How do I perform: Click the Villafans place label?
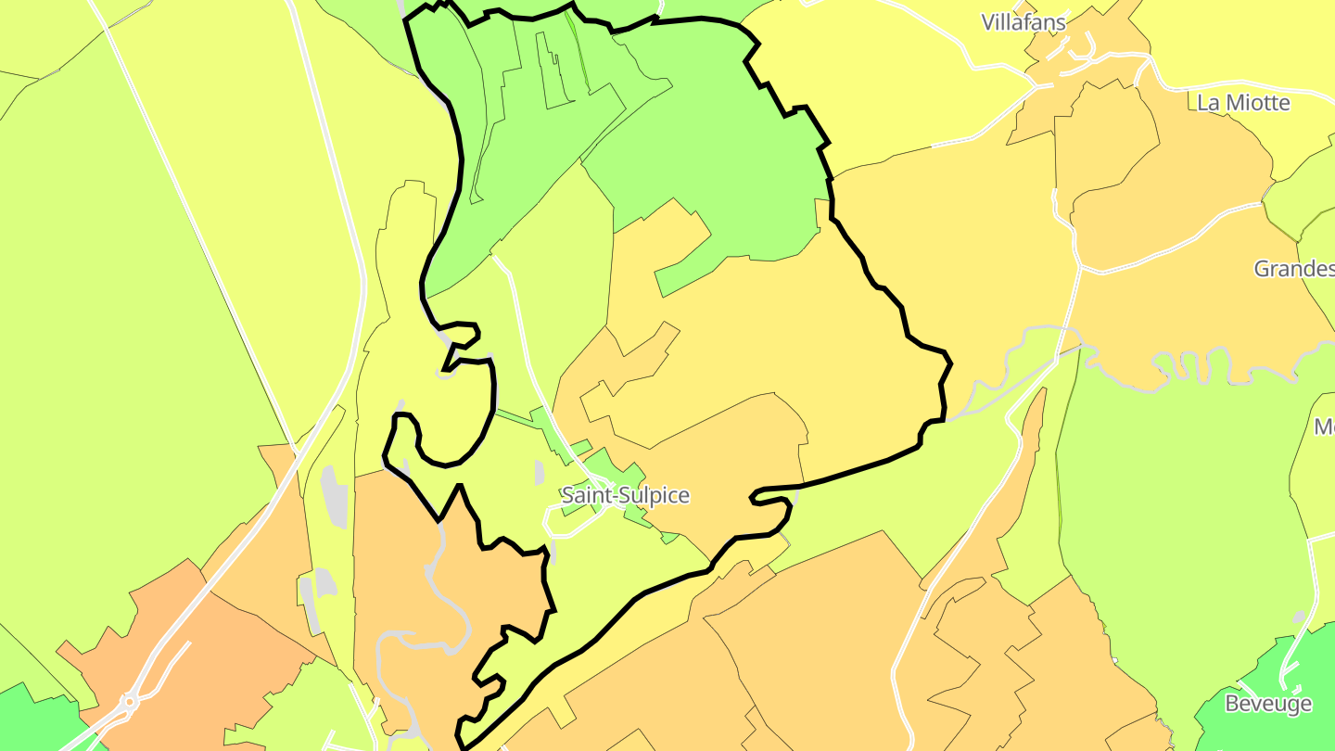tap(1023, 21)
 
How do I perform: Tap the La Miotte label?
tap(1243, 102)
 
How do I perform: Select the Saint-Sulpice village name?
tap(626, 495)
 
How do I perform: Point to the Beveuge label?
tap(1268, 704)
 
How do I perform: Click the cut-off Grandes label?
tap(1293, 269)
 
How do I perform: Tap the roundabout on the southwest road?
tap(129, 703)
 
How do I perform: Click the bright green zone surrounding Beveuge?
tap(1242, 677)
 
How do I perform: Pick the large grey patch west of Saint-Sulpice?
tap(335, 497)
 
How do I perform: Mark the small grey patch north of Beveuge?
tap(1299, 617)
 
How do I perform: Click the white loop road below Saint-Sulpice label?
tap(575, 524)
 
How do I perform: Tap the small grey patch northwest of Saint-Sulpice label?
tap(540, 472)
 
